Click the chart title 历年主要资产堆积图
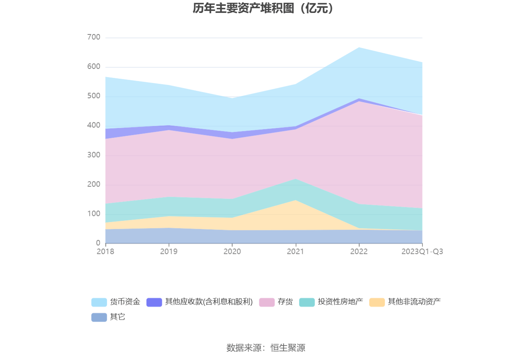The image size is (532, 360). pos(263,8)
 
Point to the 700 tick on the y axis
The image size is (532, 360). pos(94,38)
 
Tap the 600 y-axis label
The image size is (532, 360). pos(94,67)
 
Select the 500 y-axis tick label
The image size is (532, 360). pos(94,96)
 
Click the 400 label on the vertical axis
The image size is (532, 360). pos(94,126)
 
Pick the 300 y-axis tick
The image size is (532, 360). pos(94,155)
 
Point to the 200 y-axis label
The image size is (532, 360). pos(94,184)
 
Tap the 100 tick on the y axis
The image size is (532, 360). pos(94,214)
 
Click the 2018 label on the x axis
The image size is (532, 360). pos(105,252)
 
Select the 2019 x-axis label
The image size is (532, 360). pos(169,252)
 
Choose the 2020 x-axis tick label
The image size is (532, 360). pos(232,252)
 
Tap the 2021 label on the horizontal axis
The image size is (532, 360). pos(295,252)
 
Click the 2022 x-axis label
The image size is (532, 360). pos(359,252)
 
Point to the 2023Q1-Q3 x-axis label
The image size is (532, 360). pos(422,252)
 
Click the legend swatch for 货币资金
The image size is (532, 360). pos(99,302)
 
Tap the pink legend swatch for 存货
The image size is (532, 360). pos(267,302)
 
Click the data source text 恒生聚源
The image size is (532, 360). pos(288,347)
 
